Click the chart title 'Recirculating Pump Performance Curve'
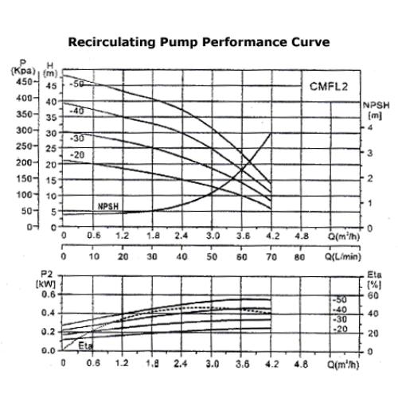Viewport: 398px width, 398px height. (x=198, y=41)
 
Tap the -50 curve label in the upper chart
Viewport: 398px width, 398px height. (x=77, y=83)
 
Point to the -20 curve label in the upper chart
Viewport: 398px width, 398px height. (x=77, y=154)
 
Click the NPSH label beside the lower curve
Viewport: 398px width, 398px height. (x=108, y=205)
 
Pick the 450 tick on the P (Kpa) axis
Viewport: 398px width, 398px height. (x=24, y=81)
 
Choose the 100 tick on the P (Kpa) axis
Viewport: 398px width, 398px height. (x=24, y=194)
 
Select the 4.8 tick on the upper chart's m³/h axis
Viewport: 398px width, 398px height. (x=302, y=236)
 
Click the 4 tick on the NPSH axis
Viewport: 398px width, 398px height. (x=369, y=127)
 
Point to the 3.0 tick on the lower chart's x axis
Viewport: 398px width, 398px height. (x=213, y=364)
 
